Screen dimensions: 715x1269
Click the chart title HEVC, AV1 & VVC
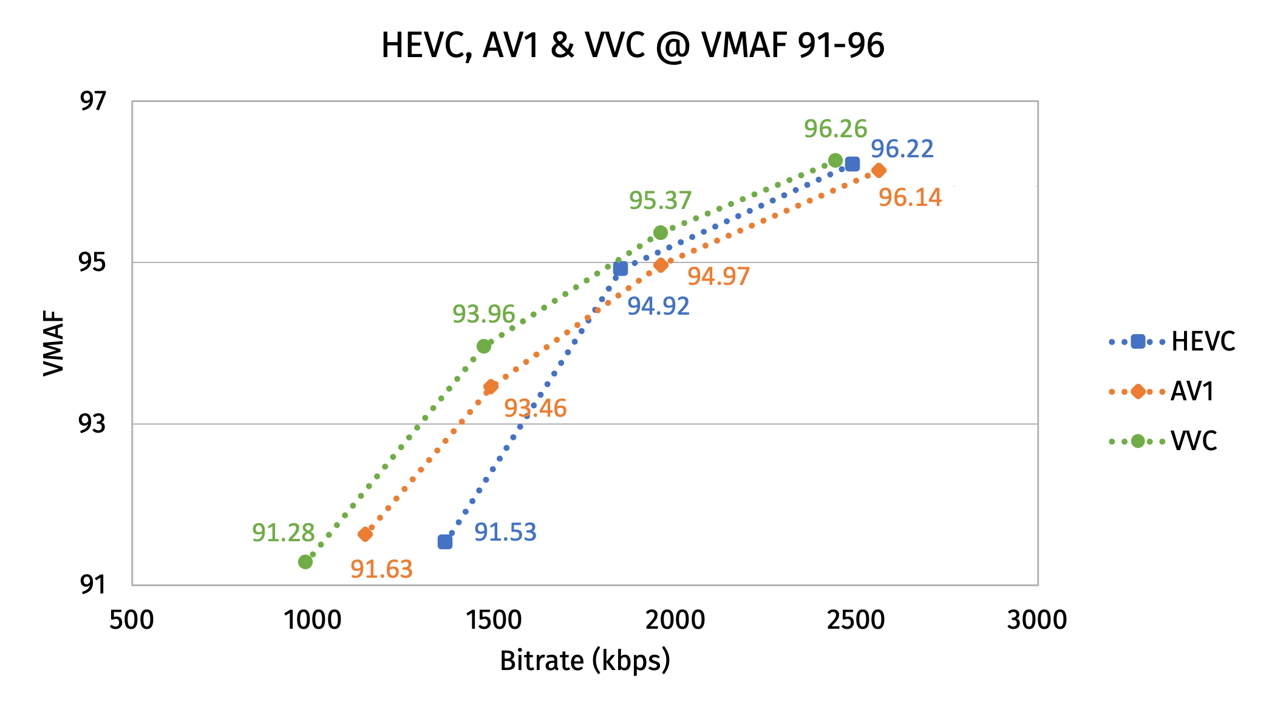[x=632, y=46]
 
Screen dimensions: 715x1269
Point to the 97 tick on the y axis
[x=93, y=101]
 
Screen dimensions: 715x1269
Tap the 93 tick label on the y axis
[x=92, y=423]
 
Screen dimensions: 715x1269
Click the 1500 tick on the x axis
[x=494, y=620]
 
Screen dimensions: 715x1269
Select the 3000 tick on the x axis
[x=1036, y=620]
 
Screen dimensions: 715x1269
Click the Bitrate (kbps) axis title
[x=585, y=661]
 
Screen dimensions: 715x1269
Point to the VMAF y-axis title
[x=53, y=343]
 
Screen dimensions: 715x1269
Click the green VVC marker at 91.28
[x=305, y=562]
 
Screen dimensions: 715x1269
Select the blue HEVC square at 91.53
[x=444, y=541]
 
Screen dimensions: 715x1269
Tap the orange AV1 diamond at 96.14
[x=879, y=171]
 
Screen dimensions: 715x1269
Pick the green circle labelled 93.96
[x=484, y=346]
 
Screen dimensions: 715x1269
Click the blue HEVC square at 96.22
[x=852, y=164]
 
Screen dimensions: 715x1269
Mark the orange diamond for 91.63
[x=365, y=534]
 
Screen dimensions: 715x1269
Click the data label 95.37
[x=660, y=200]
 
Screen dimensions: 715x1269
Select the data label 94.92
[x=658, y=306]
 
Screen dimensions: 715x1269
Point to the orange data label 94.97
[x=718, y=276]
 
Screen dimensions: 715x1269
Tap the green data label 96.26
[x=835, y=129]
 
